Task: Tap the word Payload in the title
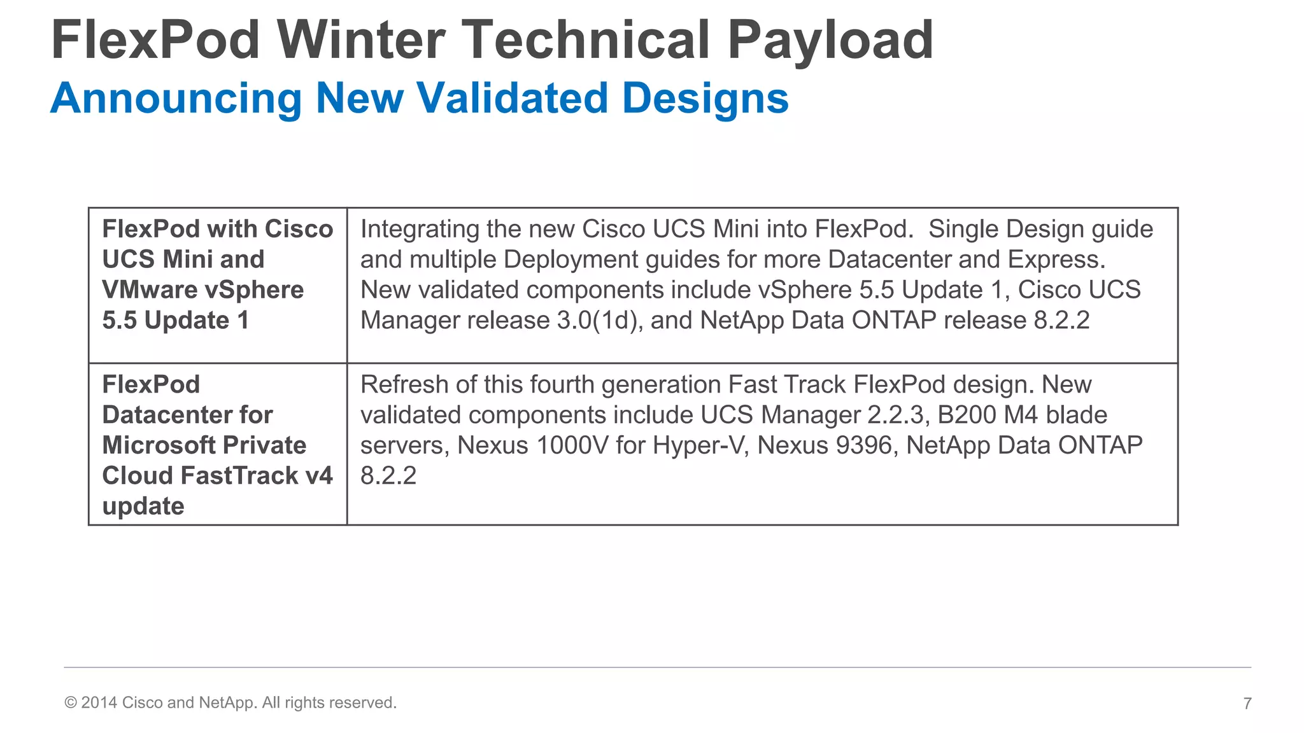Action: pyautogui.click(x=830, y=39)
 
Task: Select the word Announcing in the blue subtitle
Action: pyautogui.click(x=176, y=99)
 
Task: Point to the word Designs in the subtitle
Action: pyautogui.click(x=705, y=99)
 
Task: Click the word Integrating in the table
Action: pyautogui.click(x=420, y=229)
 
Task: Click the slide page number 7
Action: pyautogui.click(x=1247, y=703)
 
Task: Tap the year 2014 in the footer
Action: pyautogui.click(x=99, y=702)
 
